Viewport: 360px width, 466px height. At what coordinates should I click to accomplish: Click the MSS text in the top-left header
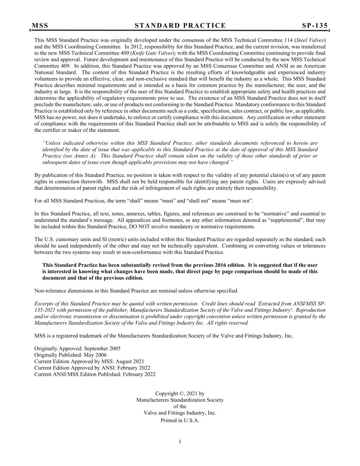point(40,26)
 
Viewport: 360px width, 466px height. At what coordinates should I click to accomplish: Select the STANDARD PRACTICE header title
point(180,26)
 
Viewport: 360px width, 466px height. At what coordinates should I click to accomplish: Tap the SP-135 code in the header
point(315,26)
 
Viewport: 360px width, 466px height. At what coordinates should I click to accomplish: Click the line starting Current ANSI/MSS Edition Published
point(95,374)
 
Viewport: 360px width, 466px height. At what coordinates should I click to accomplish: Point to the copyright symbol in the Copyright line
point(181,394)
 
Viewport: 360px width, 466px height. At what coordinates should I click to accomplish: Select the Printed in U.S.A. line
point(180,421)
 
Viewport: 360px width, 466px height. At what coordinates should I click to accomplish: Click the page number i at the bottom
point(180,441)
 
